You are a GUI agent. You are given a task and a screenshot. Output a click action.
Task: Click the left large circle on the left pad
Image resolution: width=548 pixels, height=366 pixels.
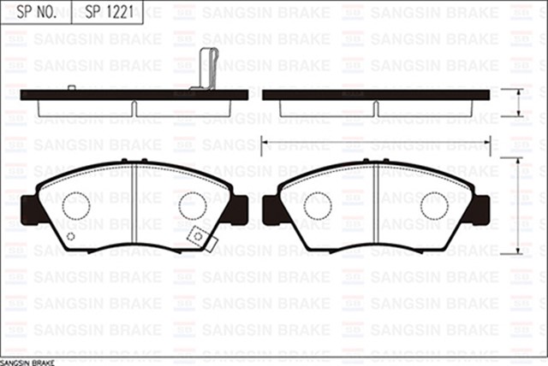pyautogui.click(x=76, y=205)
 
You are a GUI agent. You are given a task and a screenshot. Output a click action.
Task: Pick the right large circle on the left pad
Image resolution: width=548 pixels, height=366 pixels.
pyautogui.click(x=193, y=205)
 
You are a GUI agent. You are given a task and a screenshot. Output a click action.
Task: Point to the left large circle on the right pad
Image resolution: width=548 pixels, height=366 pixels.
pyautogui.click(x=318, y=205)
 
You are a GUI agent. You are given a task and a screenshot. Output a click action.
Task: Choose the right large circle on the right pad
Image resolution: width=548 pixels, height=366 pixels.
pyautogui.click(x=434, y=205)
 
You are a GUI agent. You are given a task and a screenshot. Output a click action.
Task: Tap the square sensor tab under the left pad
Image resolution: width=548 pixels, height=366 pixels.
pyautogui.click(x=199, y=236)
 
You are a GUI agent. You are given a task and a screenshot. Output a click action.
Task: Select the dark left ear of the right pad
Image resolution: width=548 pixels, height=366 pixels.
pyautogui.click(x=271, y=209)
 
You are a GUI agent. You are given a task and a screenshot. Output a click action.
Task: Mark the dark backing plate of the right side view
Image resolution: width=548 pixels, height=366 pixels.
pyautogui.click(x=376, y=94)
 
